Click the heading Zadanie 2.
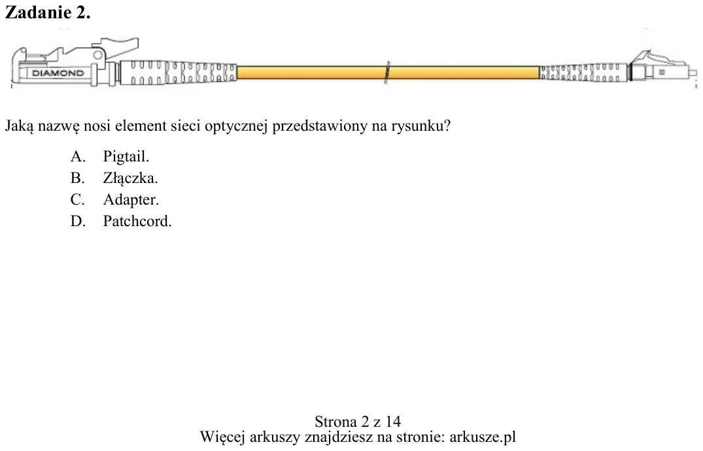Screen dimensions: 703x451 [x=48, y=12]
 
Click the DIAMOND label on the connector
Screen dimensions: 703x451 [x=58, y=73]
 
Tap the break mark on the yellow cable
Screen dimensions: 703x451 [x=387, y=72]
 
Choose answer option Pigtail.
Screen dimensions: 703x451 [x=126, y=156]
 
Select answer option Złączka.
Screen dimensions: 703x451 [x=131, y=178]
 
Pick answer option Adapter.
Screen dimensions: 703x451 [x=131, y=199]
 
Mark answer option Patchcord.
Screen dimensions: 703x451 [x=137, y=221]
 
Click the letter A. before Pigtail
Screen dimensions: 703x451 [x=78, y=156]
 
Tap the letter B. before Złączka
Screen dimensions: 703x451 [x=77, y=178]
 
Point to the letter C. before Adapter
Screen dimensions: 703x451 [x=78, y=199]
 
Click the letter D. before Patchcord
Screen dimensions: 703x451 [x=78, y=221]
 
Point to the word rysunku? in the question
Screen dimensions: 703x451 [x=420, y=126]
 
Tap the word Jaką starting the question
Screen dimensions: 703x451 [x=19, y=126]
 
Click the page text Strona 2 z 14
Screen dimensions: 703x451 [x=358, y=422]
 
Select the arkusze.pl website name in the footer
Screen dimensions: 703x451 [x=483, y=437]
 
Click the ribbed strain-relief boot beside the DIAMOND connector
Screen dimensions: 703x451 [x=178, y=72]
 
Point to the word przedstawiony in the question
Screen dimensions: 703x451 [x=320, y=126]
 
